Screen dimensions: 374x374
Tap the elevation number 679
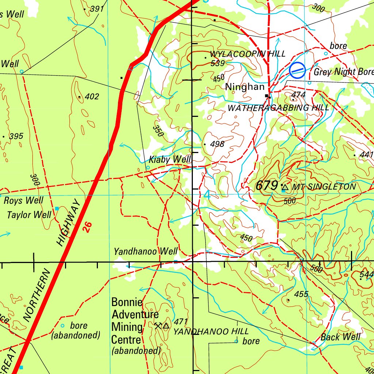pos(267,186)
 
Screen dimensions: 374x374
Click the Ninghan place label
pos(244,87)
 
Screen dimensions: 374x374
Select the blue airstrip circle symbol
pos(297,70)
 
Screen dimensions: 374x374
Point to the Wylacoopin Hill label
pos(248,54)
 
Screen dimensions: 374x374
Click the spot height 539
pos(217,63)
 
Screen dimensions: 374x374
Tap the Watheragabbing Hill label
pos(278,108)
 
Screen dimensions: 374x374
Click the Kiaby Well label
pos(170,160)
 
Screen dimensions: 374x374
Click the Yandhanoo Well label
pos(145,251)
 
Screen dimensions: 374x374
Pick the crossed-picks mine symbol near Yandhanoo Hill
pos(158,325)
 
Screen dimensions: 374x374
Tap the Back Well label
pos(340,337)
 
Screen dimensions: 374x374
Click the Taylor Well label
pos(29,214)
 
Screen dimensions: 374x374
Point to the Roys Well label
pos(23,201)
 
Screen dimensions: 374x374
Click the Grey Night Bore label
pos(343,72)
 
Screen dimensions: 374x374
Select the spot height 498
pos(217,144)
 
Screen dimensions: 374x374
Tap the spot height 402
pos(91,97)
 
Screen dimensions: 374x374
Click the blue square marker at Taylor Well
pos(57,209)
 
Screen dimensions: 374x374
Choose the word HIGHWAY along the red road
pos(68,223)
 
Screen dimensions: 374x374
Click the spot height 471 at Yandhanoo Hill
pos(181,321)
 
